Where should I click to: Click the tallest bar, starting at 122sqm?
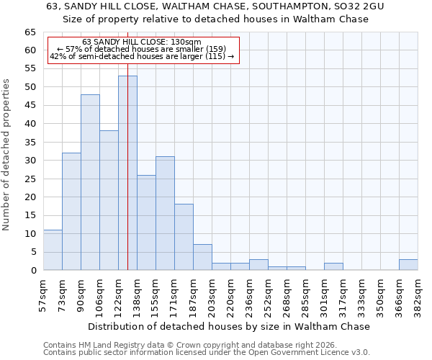[127, 173]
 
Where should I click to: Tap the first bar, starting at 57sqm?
[53, 250]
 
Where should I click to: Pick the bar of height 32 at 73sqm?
[71, 212]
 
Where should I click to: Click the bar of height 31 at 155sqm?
[165, 213]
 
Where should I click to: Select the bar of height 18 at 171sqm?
[184, 237]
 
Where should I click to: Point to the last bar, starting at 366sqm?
[408, 265]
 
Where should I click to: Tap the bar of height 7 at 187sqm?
[202, 257]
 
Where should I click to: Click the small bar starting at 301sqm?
[333, 266]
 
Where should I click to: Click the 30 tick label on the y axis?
[30, 161]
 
